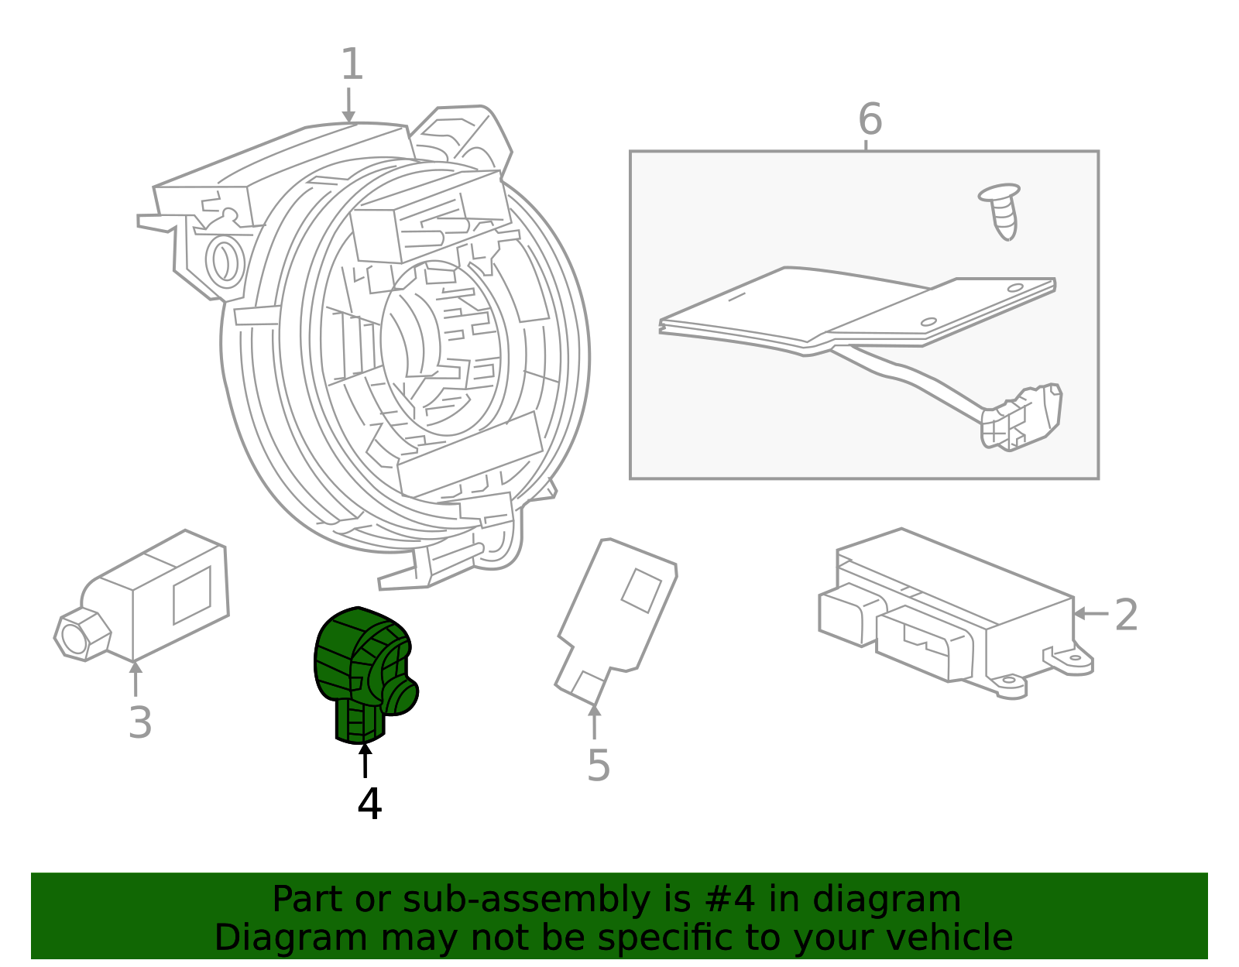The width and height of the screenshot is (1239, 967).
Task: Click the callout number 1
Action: [x=352, y=65]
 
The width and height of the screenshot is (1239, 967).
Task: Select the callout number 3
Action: [x=139, y=723]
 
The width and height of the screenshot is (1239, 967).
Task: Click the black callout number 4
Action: [x=369, y=804]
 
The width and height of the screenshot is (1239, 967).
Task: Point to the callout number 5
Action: [x=598, y=766]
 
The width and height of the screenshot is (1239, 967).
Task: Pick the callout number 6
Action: [x=870, y=120]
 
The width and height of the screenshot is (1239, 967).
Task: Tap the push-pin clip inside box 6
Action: [x=1000, y=210]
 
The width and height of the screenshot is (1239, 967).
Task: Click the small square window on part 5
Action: [x=641, y=591]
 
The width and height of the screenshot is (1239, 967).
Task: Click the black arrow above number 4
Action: [x=365, y=760]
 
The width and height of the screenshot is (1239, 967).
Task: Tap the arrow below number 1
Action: [x=348, y=105]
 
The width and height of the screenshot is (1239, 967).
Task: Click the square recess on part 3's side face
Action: [x=192, y=595]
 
